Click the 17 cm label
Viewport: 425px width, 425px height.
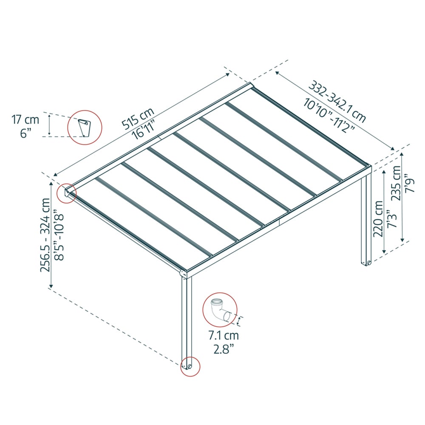(25, 120)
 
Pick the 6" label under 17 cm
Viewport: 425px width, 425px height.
(26, 133)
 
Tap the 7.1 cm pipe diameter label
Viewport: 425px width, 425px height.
(223, 336)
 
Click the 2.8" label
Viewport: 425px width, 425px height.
(223, 350)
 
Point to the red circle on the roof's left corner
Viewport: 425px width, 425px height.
(67, 194)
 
